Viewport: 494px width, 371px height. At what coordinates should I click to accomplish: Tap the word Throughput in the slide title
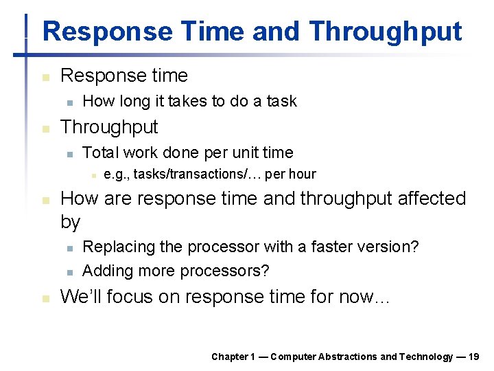click(x=385, y=32)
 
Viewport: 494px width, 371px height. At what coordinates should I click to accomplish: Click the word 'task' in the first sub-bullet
click(x=281, y=101)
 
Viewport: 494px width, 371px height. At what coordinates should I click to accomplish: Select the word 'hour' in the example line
click(x=303, y=175)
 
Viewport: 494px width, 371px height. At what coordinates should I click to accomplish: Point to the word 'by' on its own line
click(x=71, y=223)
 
